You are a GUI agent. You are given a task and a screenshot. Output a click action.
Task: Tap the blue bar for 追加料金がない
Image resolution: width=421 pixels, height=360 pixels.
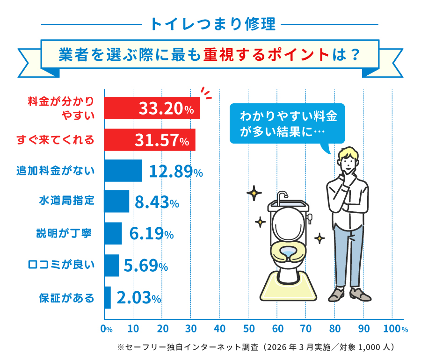point(123,171)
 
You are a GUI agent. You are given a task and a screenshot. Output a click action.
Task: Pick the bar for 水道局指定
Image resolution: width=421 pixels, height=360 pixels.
point(116,202)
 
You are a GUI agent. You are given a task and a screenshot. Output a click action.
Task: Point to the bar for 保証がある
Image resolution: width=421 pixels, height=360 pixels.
point(108,297)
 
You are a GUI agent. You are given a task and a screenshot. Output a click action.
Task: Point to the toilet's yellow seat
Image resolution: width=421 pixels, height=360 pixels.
point(286,252)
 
